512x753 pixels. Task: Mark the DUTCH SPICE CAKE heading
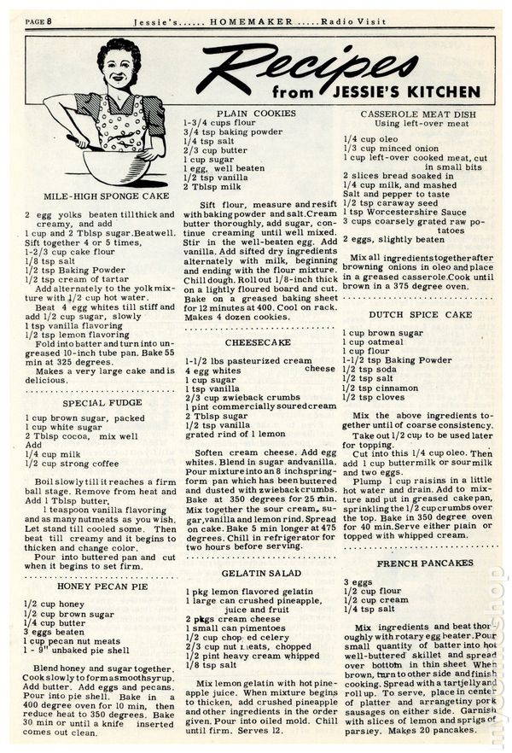click(410, 314)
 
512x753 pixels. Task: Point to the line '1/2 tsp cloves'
click(375, 397)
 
